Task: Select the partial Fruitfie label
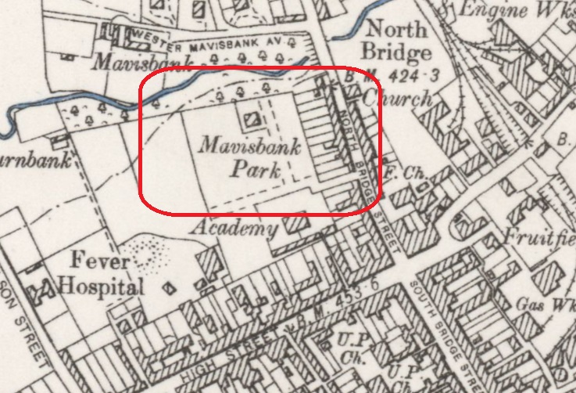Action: [539, 236]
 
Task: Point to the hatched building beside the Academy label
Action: [295, 222]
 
